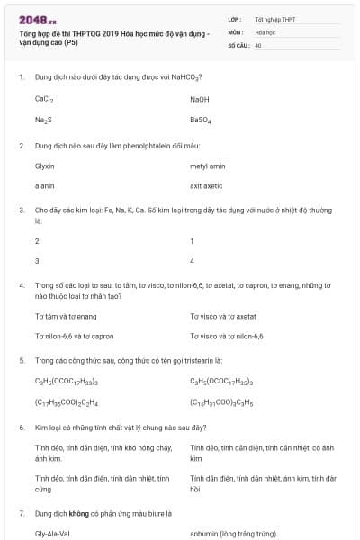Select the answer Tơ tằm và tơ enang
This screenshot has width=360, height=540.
pyautogui.click(x=66, y=317)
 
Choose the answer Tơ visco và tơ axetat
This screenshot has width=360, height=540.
pyautogui.click(x=223, y=317)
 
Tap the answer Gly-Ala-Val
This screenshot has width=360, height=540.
pyautogui.click(x=53, y=534)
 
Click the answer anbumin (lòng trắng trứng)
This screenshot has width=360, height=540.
pyautogui.click(x=234, y=534)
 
